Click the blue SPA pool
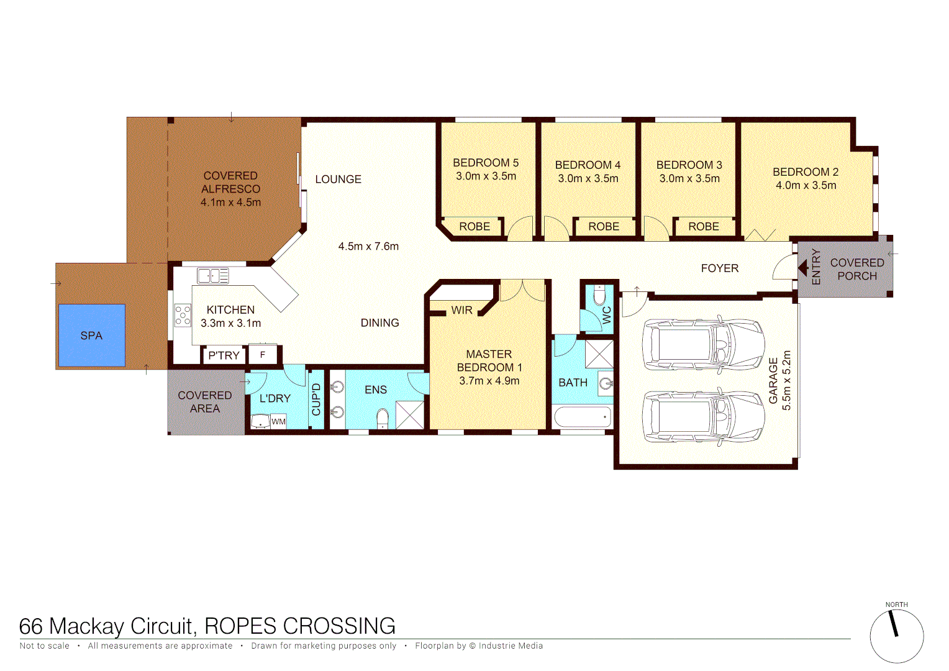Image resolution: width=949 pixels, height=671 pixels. coord(91,335)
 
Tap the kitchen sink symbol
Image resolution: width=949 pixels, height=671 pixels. coord(212,275)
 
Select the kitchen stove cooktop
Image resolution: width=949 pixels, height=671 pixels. coord(183,315)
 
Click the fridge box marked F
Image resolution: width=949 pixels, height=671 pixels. coord(263,355)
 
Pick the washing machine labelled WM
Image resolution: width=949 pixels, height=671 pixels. coord(278,421)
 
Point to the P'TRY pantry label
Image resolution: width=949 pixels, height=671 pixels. coord(224,355)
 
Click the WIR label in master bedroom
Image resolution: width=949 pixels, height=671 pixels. coord(461,310)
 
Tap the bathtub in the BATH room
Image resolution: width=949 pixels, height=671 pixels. coord(582,417)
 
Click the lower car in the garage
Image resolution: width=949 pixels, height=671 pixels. coord(703,416)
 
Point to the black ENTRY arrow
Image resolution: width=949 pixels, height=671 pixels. coord(802,268)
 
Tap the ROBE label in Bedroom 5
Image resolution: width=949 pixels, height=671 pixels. coord(474,227)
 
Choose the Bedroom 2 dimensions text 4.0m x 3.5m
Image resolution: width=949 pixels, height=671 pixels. coord(806,185)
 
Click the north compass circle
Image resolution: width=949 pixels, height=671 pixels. coord(896,636)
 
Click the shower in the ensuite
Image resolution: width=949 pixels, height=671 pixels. coord(410,414)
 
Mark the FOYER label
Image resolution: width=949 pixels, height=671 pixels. coord(719,268)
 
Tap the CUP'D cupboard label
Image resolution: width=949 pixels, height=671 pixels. coord(316,399)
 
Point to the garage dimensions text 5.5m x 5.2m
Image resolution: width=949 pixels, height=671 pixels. coord(786,380)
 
